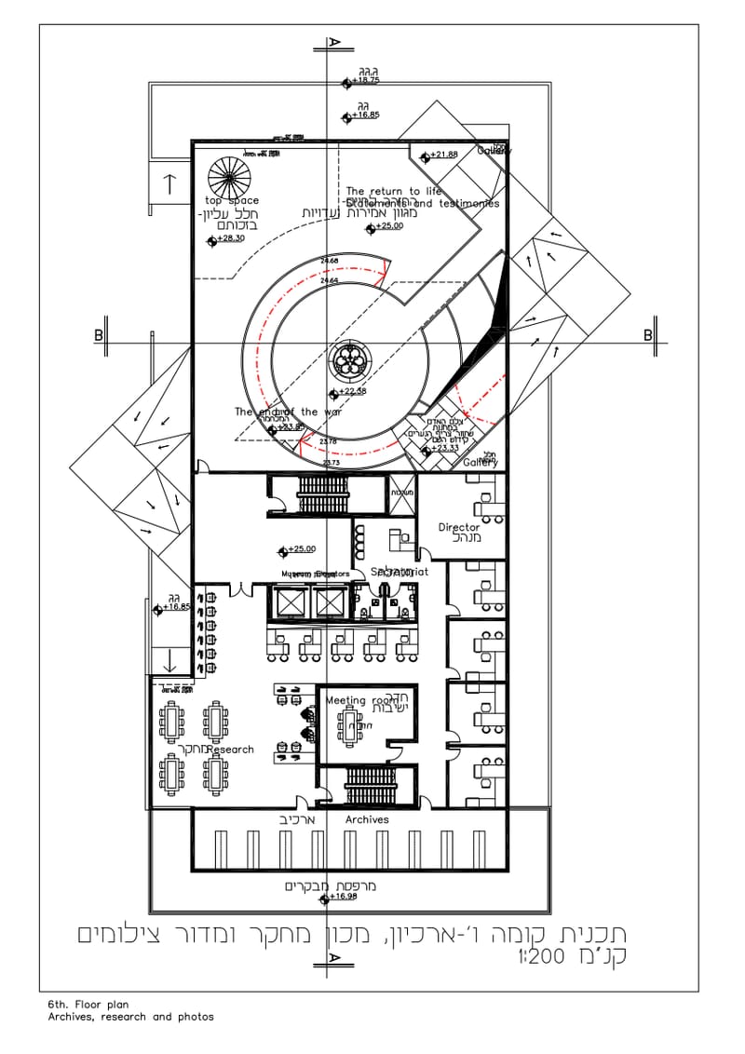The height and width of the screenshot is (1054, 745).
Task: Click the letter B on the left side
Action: [x=98, y=335]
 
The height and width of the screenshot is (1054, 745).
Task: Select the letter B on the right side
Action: [x=648, y=335]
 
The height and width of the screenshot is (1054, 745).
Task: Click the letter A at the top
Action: [x=332, y=43]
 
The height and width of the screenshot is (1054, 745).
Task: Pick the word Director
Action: [x=459, y=528]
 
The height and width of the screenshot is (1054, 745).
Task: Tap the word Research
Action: [x=230, y=750]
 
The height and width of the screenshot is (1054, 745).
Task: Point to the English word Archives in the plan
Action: [x=367, y=820]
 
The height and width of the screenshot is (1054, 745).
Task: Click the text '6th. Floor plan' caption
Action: [x=88, y=1006]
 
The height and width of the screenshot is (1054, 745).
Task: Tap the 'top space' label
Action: [x=232, y=201]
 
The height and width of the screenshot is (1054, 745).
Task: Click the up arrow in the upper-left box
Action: [x=169, y=183]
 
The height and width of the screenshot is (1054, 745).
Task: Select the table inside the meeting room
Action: [x=350, y=725]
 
